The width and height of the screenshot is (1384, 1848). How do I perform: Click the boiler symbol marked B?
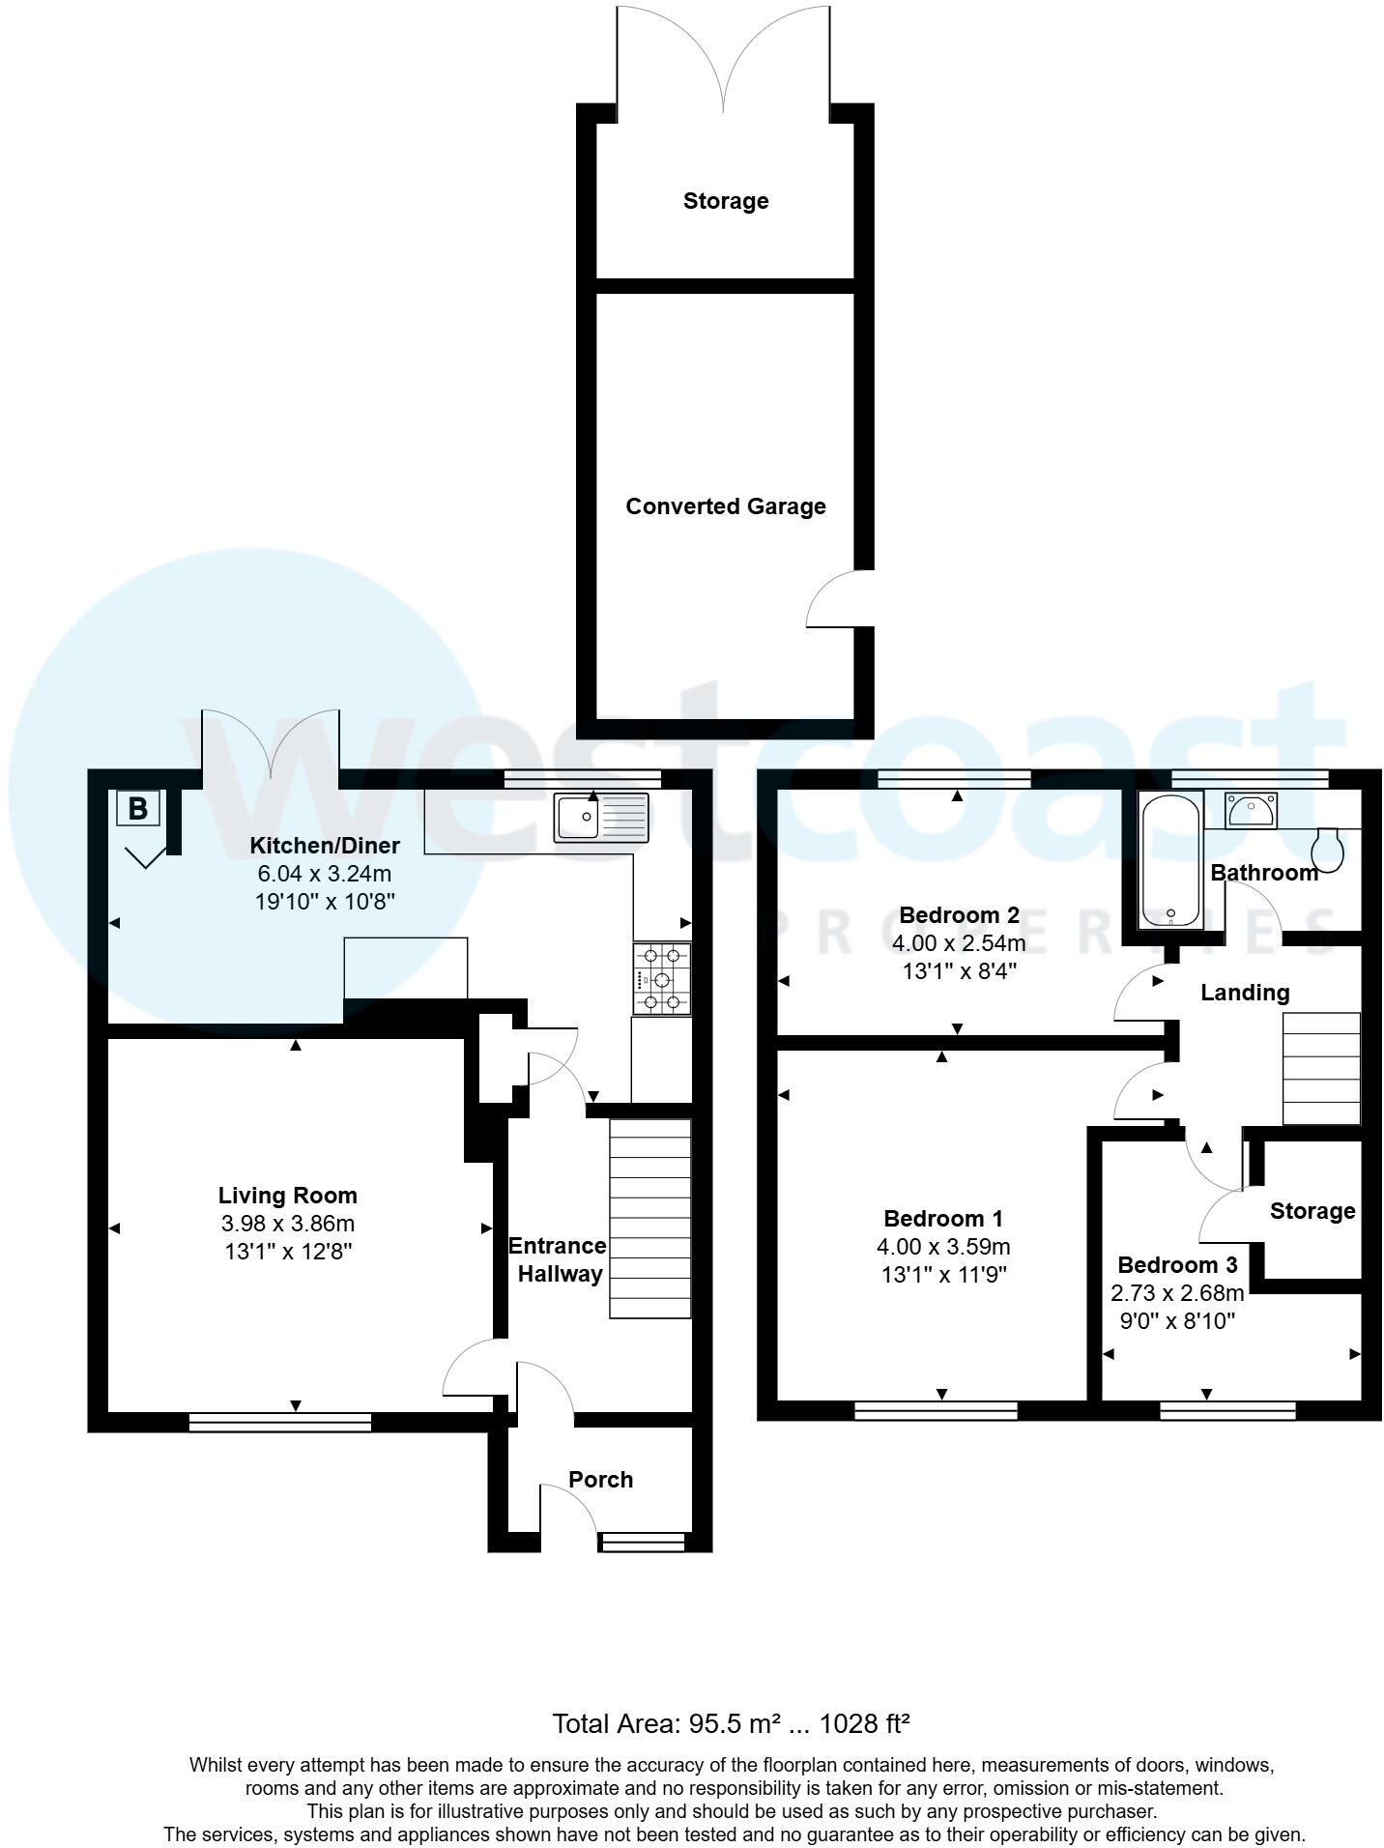[138, 807]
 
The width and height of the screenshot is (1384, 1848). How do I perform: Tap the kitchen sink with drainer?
[602, 817]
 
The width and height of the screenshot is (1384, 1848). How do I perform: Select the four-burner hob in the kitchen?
[662, 979]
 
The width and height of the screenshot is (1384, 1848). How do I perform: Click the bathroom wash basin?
[1250, 810]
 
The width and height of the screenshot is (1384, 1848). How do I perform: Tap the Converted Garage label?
[725, 506]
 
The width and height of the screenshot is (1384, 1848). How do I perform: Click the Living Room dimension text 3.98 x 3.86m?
[287, 1224]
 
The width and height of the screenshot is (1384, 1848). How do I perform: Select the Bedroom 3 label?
[1177, 1264]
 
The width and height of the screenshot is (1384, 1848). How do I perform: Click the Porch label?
[600, 1480]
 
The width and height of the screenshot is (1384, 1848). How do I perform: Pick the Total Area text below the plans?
[731, 1723]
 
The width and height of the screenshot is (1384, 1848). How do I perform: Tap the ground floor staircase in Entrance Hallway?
[649, 1218]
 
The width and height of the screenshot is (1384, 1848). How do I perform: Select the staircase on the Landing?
[1320, 1068]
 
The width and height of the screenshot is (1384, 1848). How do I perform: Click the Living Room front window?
[279, 1422]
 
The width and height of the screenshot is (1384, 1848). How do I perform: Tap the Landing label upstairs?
[1244, 992]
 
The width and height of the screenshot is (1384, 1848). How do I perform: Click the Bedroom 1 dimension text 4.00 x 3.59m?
[943, 1247]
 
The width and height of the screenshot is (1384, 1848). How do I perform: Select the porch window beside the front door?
[642, 1542]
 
